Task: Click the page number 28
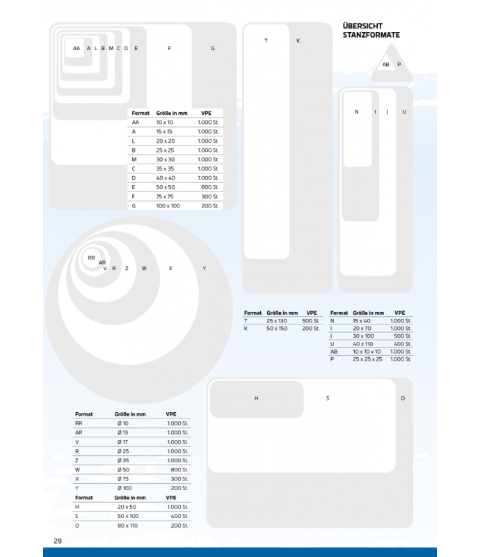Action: click(58, 541)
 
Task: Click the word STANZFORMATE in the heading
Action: click(371, 35)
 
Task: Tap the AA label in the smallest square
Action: click(77, 48)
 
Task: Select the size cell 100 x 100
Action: click(168, 205)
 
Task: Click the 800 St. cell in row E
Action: click(210, 187)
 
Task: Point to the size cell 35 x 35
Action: click(165, 168)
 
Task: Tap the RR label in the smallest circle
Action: click(91, 258)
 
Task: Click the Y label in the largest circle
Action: click(204, 269)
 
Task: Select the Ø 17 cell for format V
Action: click(123, 442)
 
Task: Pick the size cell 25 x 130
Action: click(277, 321)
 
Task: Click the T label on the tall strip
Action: click(266, 41)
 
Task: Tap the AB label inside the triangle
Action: click(386, 65)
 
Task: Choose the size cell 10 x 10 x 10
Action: click(367, 352)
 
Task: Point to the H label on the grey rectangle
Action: click(256, 398)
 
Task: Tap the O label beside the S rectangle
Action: click(403, 398)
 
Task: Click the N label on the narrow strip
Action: click(356, 112)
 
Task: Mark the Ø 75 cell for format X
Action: click(123, 479)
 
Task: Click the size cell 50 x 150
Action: click(277, 329)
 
